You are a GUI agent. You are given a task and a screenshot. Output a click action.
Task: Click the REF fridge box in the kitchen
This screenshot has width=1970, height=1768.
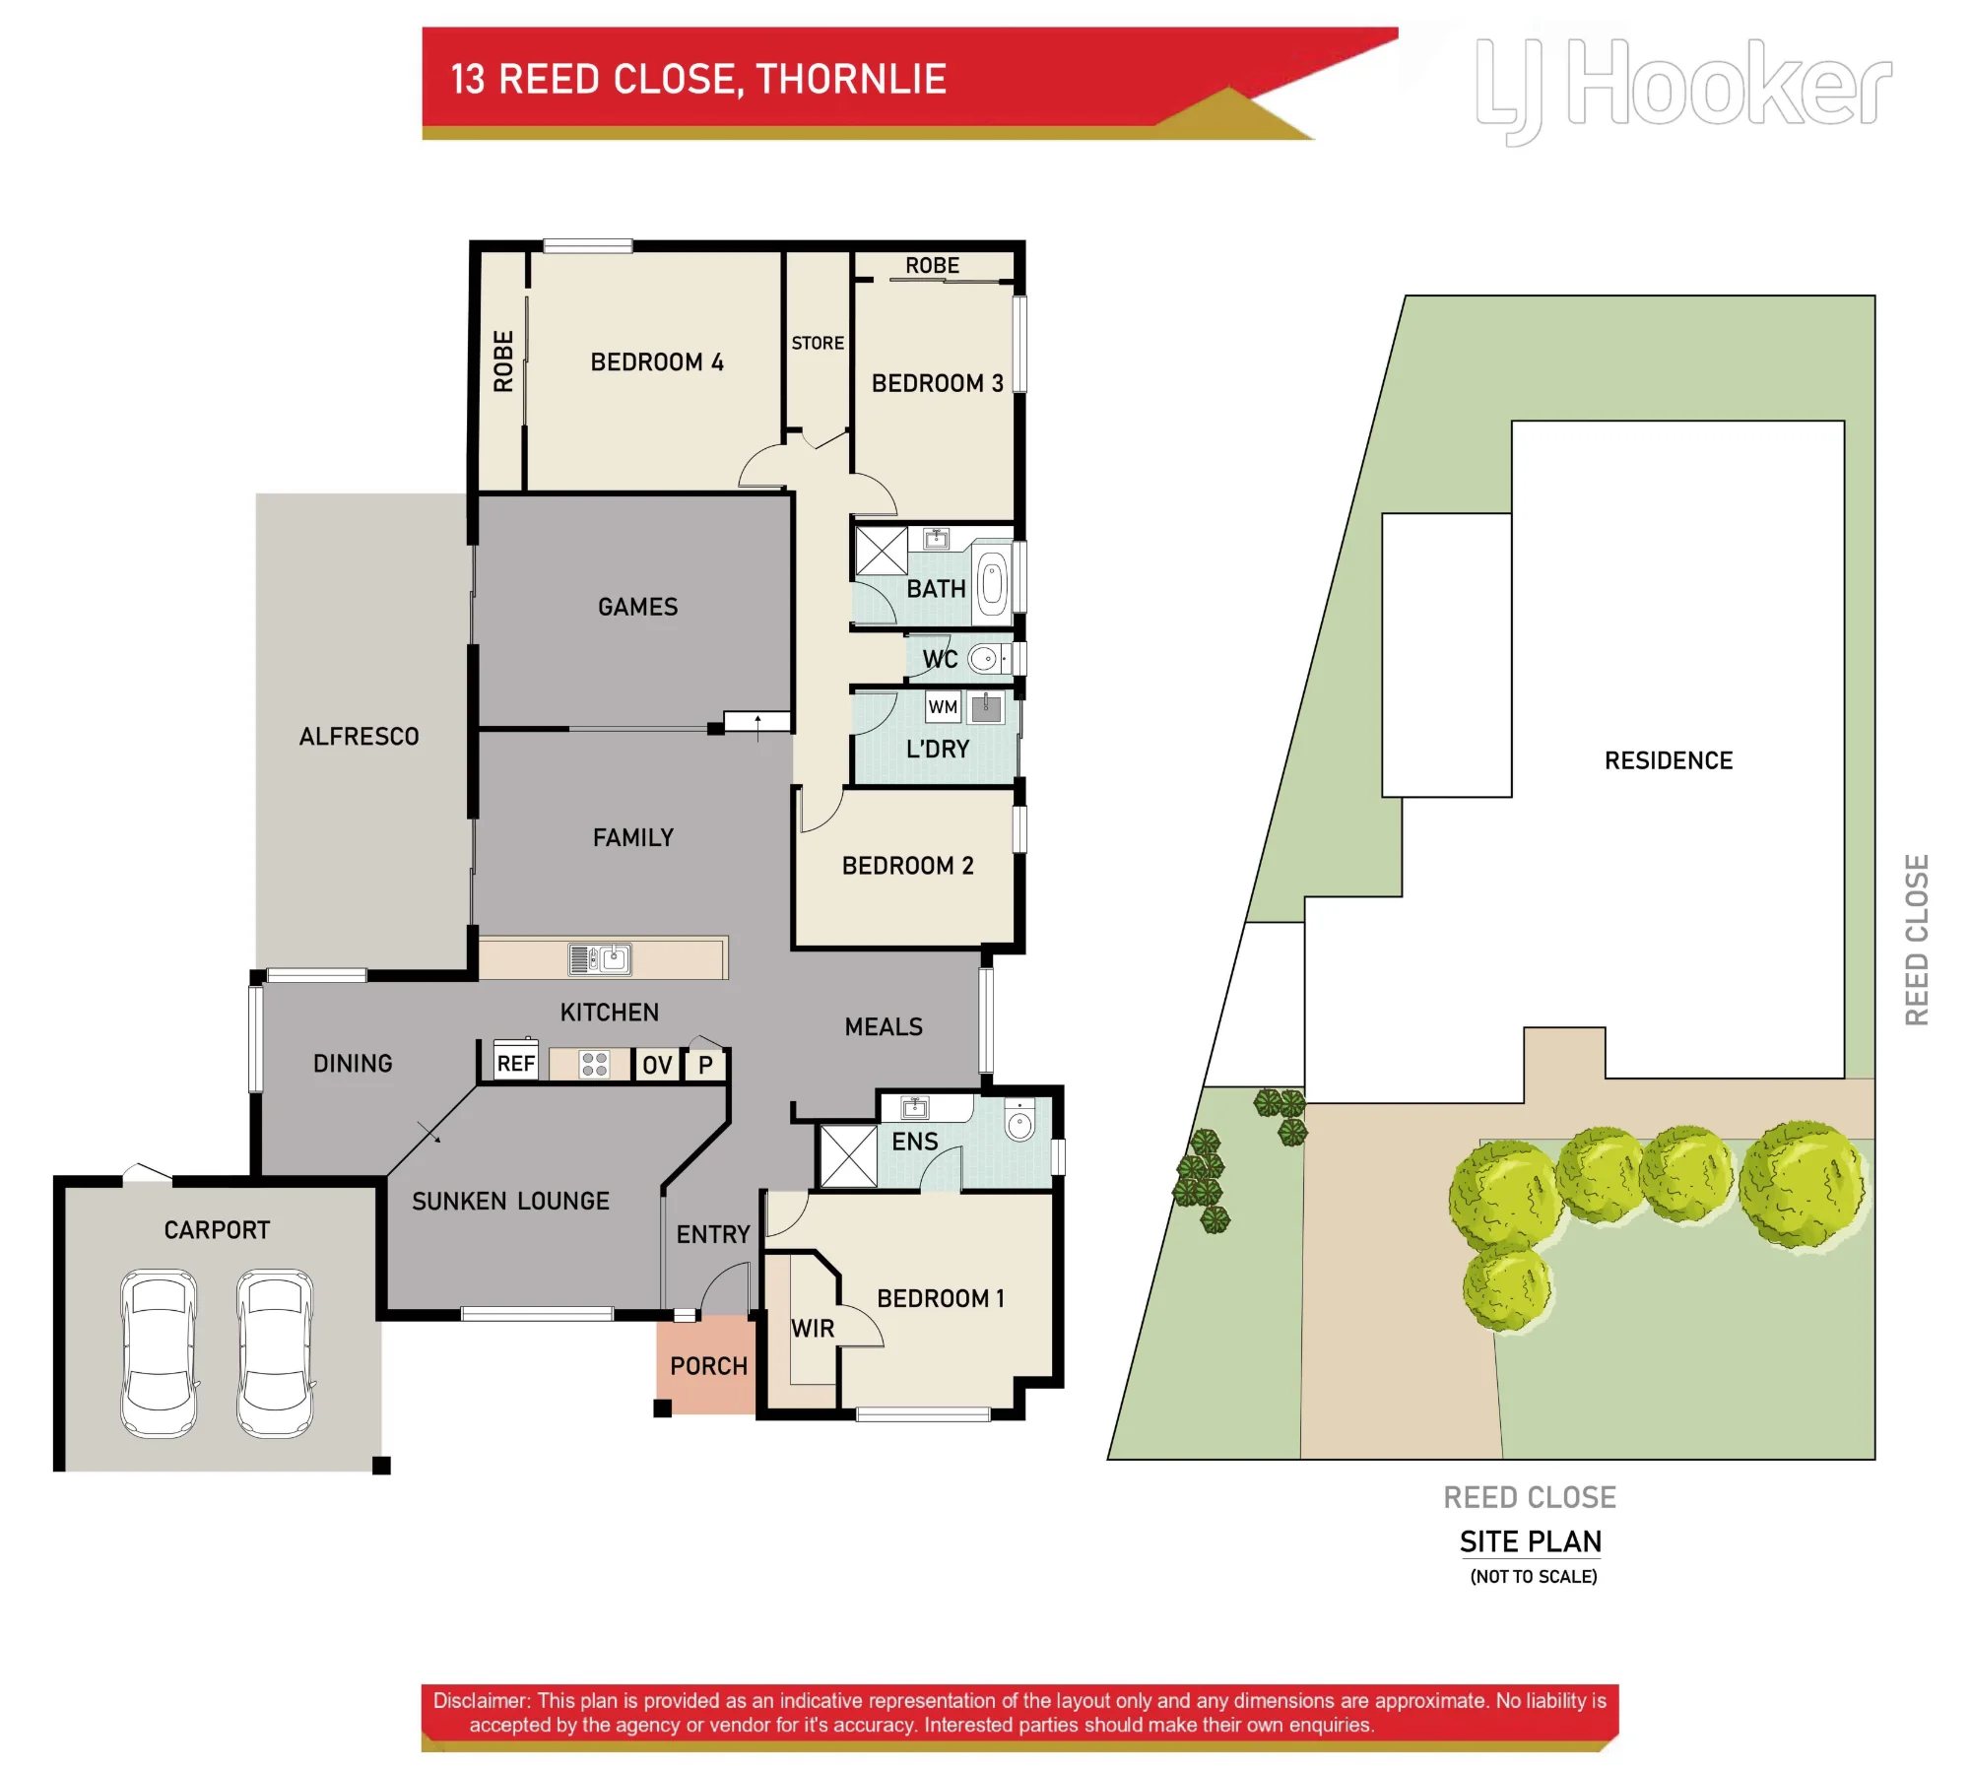[x=515, y=1061]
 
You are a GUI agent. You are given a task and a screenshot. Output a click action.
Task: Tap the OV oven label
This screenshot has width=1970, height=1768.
[x=657, y=1065]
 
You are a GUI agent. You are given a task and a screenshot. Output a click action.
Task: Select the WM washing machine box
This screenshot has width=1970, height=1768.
[x=943, y=706]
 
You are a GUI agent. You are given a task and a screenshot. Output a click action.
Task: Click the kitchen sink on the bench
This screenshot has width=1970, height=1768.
[x=600, y=958]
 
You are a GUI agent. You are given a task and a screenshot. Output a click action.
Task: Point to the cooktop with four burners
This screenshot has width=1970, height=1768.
[x=594, y=1064]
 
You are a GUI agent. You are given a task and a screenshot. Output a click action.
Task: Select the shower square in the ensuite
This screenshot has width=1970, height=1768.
[x=848, y=1155]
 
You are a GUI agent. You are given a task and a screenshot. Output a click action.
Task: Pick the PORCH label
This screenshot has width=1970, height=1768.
[x=708, y=1365]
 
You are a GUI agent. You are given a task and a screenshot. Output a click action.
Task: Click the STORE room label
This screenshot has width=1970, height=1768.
[x=818, y=343]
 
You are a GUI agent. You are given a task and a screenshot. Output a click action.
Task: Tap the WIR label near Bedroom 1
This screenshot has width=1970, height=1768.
[x=813, y=1328]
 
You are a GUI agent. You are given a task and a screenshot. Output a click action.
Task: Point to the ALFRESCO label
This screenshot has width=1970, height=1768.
[x=359, y=736]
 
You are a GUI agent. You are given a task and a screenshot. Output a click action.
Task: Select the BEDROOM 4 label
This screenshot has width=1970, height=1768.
[x=657, y=361]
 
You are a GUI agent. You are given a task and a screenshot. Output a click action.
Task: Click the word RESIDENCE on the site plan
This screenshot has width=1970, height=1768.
[x=1668, y=759]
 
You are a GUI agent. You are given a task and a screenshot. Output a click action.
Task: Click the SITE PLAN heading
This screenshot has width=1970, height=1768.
[x=1530, y=1540]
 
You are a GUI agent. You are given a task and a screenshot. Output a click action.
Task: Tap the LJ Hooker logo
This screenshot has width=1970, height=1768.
[x=1683, y=90]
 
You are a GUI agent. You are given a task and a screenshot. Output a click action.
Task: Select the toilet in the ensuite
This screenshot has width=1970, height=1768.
[x=1019, y=1120]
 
